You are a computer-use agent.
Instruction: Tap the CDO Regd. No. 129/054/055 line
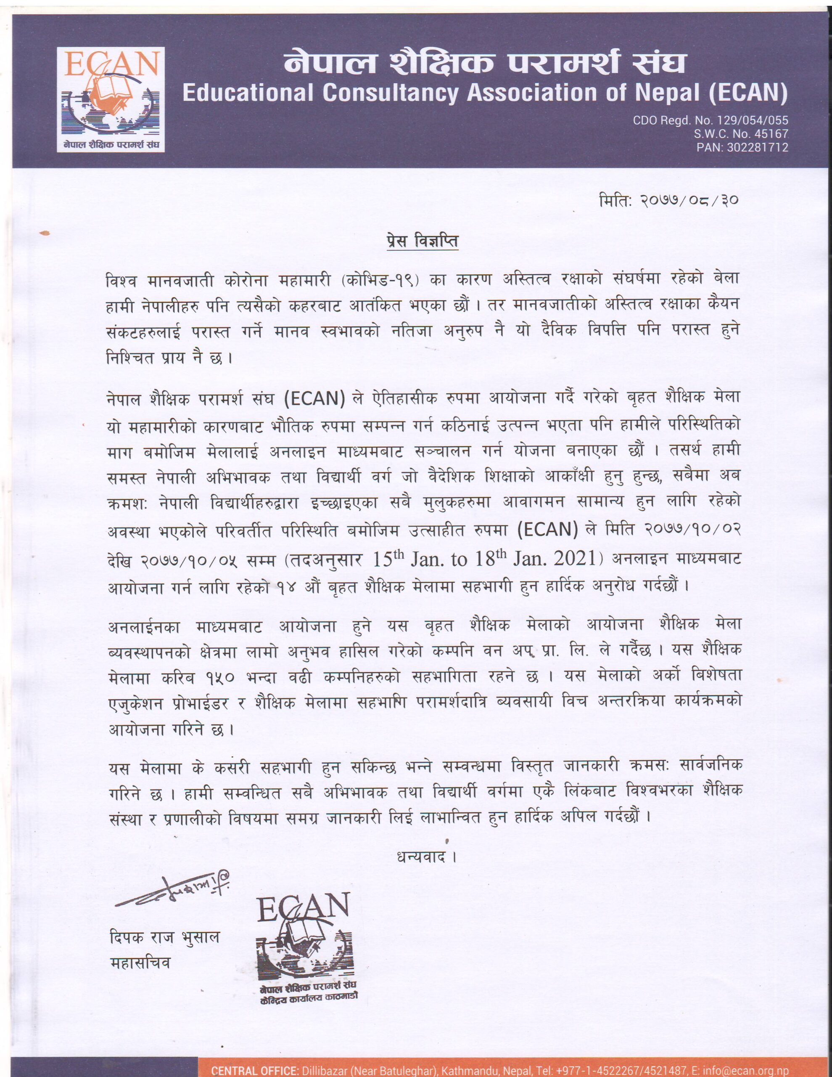[711, 120]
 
